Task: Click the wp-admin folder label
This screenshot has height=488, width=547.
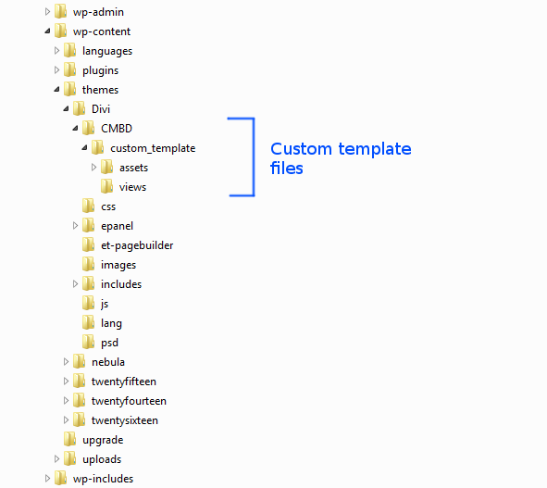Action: tap(98, 12)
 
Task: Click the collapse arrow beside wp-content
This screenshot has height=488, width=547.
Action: tap(47, 31)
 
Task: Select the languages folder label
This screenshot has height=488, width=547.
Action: tap(107, 51)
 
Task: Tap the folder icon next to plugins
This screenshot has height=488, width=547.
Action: tap(69, 69)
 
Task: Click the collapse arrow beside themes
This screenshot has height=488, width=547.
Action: tap(56, 90)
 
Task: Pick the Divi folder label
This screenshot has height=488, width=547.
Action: tap(101, 109)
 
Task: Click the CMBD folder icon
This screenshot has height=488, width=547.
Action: tap(89, 128)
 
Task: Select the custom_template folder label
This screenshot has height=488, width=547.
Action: tap(153, 148)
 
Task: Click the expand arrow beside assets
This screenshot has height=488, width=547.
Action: tap(93, 168)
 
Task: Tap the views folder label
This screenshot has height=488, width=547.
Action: tap(132, 187)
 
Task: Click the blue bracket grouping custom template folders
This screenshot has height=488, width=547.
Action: tap(254, 157)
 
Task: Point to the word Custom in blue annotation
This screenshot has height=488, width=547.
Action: tap(301, 149)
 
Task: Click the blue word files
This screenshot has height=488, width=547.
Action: tap(286, 168)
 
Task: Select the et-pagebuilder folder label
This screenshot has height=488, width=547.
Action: tap(137, 245)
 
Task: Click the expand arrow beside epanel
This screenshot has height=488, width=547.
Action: tap(75, 226)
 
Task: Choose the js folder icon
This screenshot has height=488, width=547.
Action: tap(89, 303)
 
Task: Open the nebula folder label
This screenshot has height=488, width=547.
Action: tap(108, 362)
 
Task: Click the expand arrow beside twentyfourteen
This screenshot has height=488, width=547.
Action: tap(66, 401)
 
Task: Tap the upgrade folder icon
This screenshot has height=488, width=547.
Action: tap(69, 439)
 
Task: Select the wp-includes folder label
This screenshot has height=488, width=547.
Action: tap(103, 479)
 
